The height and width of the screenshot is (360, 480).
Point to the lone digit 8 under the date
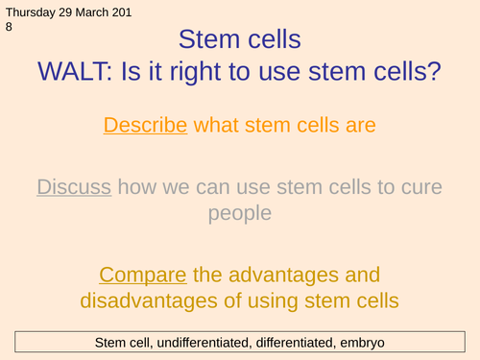coord(8,29)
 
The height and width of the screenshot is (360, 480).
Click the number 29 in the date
coord(67,13)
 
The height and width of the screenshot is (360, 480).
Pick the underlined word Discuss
coord(74,186)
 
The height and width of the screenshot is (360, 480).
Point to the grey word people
coord(240,211)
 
